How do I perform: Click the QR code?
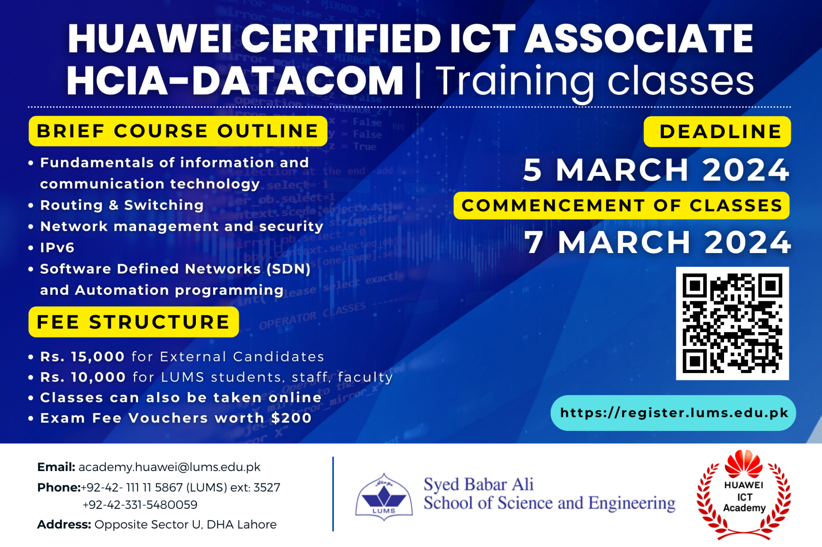(x=732, y=323)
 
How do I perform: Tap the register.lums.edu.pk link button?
(x=673, y=413)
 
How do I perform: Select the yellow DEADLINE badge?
(x=717, y=132)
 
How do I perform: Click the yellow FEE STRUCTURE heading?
(x=134, y=322)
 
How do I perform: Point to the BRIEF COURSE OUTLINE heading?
(x=178, y=131)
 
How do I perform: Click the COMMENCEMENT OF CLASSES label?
(x=621, y=206)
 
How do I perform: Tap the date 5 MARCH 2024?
(x=656, y=170)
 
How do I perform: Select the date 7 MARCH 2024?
(x=657, y=243)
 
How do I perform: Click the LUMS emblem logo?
(x=384, y=497)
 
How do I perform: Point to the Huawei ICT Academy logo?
(x=744, y=495)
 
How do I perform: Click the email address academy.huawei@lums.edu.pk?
(x=169, y=467)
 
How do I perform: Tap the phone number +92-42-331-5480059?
(x=140, y=505)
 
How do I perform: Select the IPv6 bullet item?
(x=57, y=248)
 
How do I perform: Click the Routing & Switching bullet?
(x=122, y=205)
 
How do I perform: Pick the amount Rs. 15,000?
(x=82, y=357)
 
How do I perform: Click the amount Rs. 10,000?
(x=83, y=377)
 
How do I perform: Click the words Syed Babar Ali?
(x=478, y=484)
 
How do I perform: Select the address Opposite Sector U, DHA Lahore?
(x=185, y=525)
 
